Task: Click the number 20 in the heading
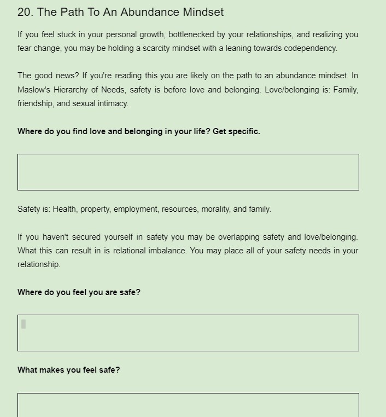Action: pyautogui.click(x=24, y=12)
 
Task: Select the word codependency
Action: pyautogui.click(x=311, y=48)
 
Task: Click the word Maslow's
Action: pyautogui.click(x=34, y=90)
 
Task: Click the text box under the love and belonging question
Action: pyautogui.click(x=188, y=172)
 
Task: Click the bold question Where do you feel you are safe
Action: pyautogui.click(x=79, y=292)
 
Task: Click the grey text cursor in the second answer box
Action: pyautogui.click(x=24, y=324)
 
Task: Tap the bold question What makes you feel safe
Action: pyautogui.click(x=69, y=370)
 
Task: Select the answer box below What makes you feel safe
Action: pyautogui.click(x=188, y=406)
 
